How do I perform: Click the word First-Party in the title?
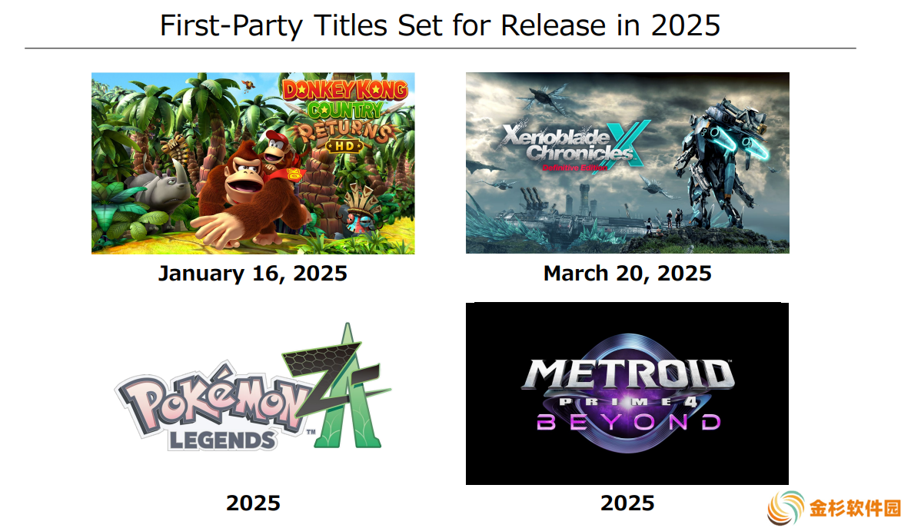click(x=231, y=26)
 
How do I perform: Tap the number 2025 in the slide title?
click(x=685, y=25)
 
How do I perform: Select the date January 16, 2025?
click(x=253, y=274)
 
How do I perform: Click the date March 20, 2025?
click(x=627, y=274)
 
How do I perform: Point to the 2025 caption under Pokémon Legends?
click(x=254, y=503)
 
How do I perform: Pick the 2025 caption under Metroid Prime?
click(x=627, y=503)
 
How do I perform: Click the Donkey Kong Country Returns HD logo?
click(x=345, y=115)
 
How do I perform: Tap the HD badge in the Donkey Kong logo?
click(x=344, y=146)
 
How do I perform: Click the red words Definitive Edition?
click(x=574, y=168)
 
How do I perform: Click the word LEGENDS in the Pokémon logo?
click(x=222, y=441)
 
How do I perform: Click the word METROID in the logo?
click(x=628, y=374)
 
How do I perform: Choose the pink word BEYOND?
click(x=628, y=422)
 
